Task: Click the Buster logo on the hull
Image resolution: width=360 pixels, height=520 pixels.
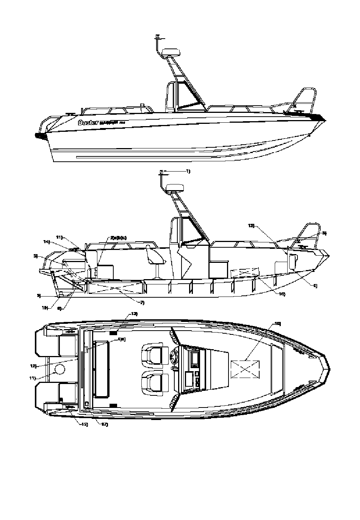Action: pos(88,122)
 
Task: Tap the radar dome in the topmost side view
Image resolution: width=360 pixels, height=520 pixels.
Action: pos(170,52)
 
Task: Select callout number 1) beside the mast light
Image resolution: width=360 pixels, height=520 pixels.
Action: pos(188,172)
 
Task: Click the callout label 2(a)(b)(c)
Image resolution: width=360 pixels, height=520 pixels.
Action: pos(119,238)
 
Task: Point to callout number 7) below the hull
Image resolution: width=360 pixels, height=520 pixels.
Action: pos(142,303)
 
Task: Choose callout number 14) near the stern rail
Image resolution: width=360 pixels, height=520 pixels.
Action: pos(47,242)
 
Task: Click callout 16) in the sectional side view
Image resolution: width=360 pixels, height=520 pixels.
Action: pos(280,294)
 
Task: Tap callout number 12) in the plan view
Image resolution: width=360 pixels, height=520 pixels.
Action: pos(33,366)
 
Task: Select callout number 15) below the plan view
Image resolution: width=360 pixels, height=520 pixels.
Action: pos(84,424)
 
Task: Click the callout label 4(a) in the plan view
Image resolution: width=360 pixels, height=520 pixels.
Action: pos(122,339)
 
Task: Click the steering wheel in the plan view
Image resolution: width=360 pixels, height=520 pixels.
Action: pos(175,356)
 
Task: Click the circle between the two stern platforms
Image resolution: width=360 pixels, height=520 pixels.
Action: pos(60,369)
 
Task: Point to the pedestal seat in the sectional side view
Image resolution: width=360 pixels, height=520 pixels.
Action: pos(154,259)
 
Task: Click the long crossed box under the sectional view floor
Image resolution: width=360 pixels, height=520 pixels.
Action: pos(115,287)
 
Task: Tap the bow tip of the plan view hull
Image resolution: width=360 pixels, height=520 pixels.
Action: pos(327,368)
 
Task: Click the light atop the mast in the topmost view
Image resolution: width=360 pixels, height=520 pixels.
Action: pos(158,37)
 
